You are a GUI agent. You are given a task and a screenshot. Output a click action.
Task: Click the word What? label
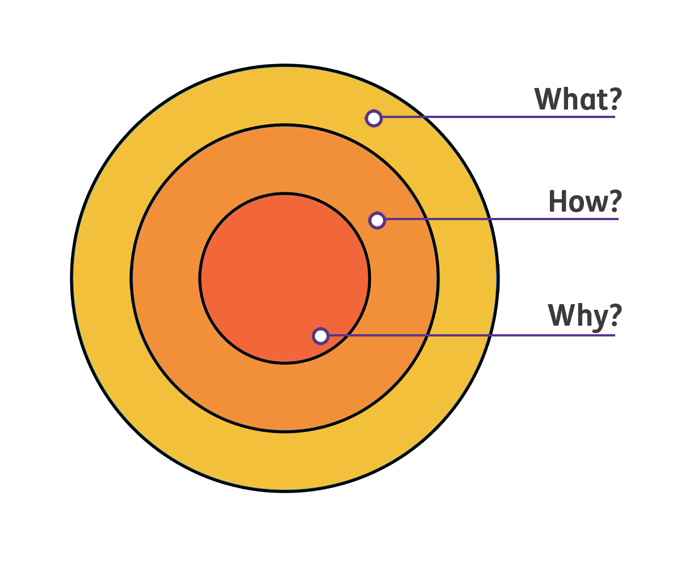click(578, 99)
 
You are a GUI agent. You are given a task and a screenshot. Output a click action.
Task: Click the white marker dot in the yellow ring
click(373, 118)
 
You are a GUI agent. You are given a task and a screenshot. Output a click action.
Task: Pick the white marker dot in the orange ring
click(377, 220)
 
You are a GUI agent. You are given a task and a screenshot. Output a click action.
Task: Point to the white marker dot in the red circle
click(321, 336)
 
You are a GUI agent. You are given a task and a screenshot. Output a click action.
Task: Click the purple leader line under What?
click(499, 117)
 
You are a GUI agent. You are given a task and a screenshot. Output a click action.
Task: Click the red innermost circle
click(272, 267)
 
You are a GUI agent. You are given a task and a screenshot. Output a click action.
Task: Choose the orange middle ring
click(170, 278)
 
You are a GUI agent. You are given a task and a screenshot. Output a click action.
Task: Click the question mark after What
click(614, 99)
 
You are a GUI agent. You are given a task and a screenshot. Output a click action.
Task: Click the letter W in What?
click(547, 99)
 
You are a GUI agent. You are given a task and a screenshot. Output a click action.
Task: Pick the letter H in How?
click(558, 201)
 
